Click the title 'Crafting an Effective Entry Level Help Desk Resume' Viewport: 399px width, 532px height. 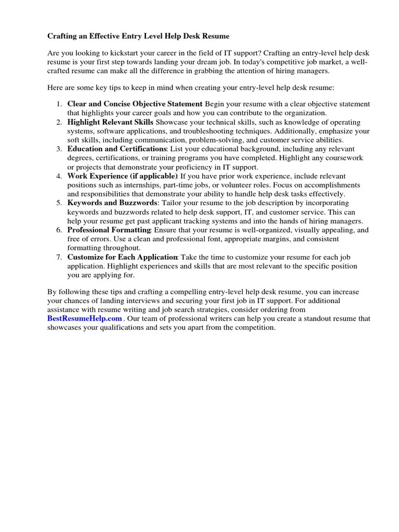pyautogui.click(x=138, y=36)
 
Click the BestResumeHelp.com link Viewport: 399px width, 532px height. pyautogui.click(x=85, y=318)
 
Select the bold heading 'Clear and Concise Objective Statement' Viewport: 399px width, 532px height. pyautogui.click(x=135, y=104)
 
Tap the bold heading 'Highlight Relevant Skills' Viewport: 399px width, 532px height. pyautogui.click(x=110, y=122)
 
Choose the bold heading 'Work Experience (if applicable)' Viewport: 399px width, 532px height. pyautogui.click(x=123, y=176)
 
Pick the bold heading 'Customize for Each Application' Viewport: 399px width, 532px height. pyautogui.click(x=123, y=257)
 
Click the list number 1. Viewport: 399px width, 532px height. pyautogui.click(x=59, y=104)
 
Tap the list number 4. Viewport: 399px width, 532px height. pyautogui.click(x=59, y=176)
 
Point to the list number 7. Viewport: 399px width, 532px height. pyautogui.click(x=59, y=257)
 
